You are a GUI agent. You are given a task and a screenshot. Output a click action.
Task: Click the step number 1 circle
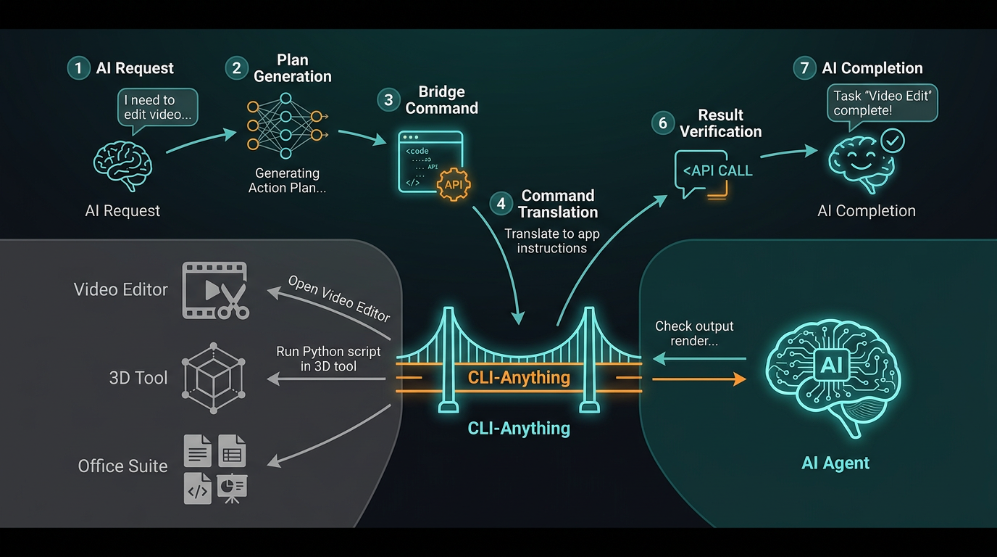[78, 68]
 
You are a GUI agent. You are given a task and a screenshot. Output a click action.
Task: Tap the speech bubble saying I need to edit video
[157, 107]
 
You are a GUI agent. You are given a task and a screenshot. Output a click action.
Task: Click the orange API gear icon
[454, 184]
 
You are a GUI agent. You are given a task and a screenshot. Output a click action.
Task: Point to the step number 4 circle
[501, 204]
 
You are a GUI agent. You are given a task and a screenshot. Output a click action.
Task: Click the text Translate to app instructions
[552, 242]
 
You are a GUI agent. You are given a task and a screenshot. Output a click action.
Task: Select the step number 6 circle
[662, 123]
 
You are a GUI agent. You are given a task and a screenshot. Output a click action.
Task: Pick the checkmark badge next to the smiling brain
[891, 140]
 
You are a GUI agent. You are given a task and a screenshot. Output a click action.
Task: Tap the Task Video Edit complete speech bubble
[881, 103]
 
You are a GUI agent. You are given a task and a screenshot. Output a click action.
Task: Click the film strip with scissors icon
[215, 290]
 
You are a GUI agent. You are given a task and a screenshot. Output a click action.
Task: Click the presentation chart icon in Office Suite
[232, 488]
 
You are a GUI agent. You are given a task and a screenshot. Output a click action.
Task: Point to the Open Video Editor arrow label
[339, 298]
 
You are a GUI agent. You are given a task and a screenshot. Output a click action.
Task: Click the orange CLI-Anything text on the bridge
[519, 378]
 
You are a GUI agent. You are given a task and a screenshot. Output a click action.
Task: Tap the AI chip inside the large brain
[831, 365]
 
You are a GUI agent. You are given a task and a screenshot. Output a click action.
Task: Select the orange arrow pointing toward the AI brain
[699, 379]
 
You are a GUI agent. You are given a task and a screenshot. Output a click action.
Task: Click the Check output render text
[694, 334]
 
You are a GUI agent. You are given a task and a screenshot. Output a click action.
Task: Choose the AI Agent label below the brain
[835, 463]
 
